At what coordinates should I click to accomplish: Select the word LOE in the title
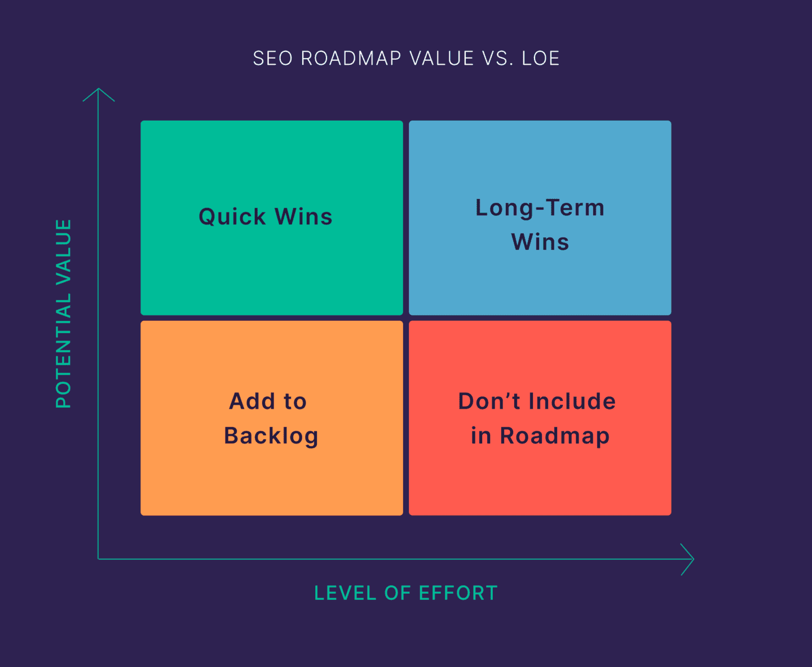pyautogui.click(x=540, y=59)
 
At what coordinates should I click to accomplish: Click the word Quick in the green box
pyautogui.click(x=232, y=217)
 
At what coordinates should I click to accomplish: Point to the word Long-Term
pyautogui.click(x=540, y=208)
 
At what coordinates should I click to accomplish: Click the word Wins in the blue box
pyautogui.click(x=540, y=242)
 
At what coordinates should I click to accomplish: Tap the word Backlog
pyautogui.click(x=271, y=436)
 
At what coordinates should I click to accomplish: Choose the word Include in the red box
pyautogui.click(x=572, y=401)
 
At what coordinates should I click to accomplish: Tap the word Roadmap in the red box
pyautogui.click(x=555, y=436)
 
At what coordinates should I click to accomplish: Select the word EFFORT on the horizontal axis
pyautogui.click(x=458, y=593)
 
